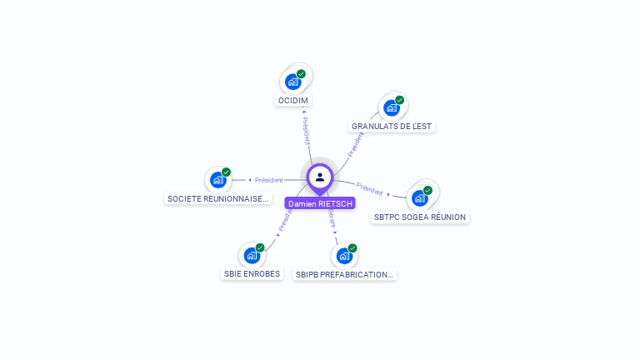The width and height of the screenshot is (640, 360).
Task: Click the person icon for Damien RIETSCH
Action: click(320, 177)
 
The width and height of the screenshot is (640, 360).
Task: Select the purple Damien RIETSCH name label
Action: click(320, 203)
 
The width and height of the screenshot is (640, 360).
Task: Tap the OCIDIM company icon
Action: click(292, 81)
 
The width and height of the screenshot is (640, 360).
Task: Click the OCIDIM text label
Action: click(292, 101)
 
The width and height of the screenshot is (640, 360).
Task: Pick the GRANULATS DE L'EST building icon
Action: click(391, 107)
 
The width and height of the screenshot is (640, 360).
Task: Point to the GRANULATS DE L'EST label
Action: click(392, 127)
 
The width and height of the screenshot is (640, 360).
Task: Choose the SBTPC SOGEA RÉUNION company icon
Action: click(420, 197)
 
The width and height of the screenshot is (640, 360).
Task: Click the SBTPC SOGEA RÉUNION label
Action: click(420, 217)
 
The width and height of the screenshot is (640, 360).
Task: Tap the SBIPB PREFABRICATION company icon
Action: click(344, 255)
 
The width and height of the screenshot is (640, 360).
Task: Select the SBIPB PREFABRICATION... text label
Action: click(344, 274)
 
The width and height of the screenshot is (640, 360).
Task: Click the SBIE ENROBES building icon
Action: click(252, 255)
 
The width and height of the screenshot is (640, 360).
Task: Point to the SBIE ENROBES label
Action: click(252, 274)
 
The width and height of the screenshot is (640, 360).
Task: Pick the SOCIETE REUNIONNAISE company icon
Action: click(218, 179)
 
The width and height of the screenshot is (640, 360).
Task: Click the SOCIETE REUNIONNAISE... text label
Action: click(218, 199)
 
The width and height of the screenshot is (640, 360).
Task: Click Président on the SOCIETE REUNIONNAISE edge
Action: click(268, 180)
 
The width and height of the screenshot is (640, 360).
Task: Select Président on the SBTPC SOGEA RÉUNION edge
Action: click(370, 187)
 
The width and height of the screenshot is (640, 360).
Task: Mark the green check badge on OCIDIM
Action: click(301, 73)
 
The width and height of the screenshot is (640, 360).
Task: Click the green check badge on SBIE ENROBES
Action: click(260, 247)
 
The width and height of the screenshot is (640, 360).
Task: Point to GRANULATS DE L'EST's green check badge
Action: click(399, 100)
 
